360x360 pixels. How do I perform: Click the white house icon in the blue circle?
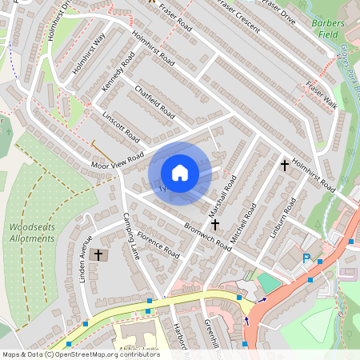coord(180,173)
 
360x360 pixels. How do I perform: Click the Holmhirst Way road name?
coord(89,55)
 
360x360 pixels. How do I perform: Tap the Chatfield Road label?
coord(154,102)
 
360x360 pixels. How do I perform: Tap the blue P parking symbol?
coord(306,259)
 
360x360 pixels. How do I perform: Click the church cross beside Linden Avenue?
coord(98,255)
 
